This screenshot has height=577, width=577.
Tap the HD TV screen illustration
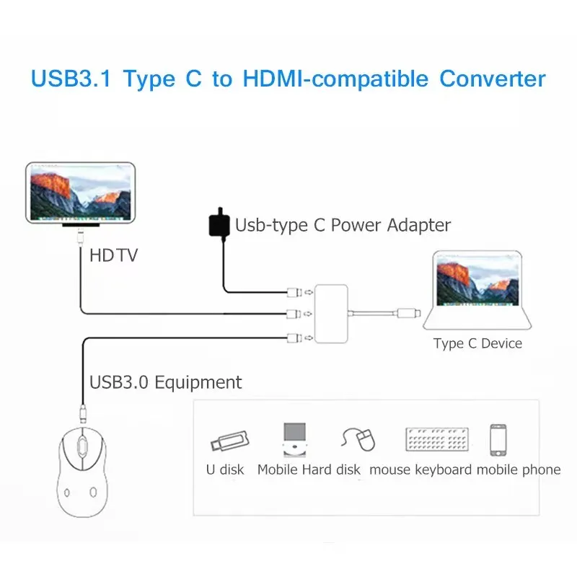click(x=80, y=192)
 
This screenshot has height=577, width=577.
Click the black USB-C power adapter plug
click(x=219, y=225)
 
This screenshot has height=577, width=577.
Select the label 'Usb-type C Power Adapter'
click(x=343, y=225)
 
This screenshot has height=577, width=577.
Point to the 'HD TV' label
click(x=113, y=255)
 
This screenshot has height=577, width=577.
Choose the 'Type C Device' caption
click(x=477, y=343)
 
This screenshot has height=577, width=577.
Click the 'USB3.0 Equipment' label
click(x=165, y=382)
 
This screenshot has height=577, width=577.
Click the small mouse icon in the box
click(x=360, y=439)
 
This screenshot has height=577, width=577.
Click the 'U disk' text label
click(x=225, y=470)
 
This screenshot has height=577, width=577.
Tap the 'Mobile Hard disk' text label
click(x=309, y=470)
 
